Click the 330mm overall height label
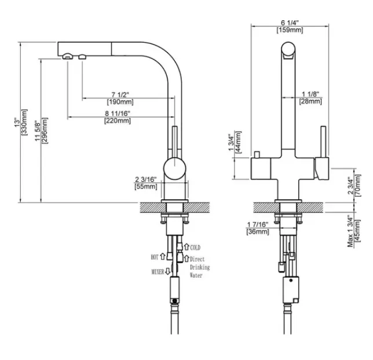coord(25,123)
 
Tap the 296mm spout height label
coord(45,131)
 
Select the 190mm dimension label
coord(120,102)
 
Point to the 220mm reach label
coord(118,120)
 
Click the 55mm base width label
coord(146,186)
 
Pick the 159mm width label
coord(290,30)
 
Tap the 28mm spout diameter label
coord(310,101)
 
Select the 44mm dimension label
coord(238,142)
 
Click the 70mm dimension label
coord(358,185)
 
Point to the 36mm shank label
coord(258,232)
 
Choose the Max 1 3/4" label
coord(350,231)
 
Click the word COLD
coord(195,248)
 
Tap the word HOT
coord(155,257)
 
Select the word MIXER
coord(158,271)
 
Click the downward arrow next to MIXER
coord(168,271)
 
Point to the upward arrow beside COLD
coord(186,247)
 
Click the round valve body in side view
coord(174,168)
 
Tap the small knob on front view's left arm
coord(257,154)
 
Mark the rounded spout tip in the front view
coord(288,50)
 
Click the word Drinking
coord(200,267)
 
